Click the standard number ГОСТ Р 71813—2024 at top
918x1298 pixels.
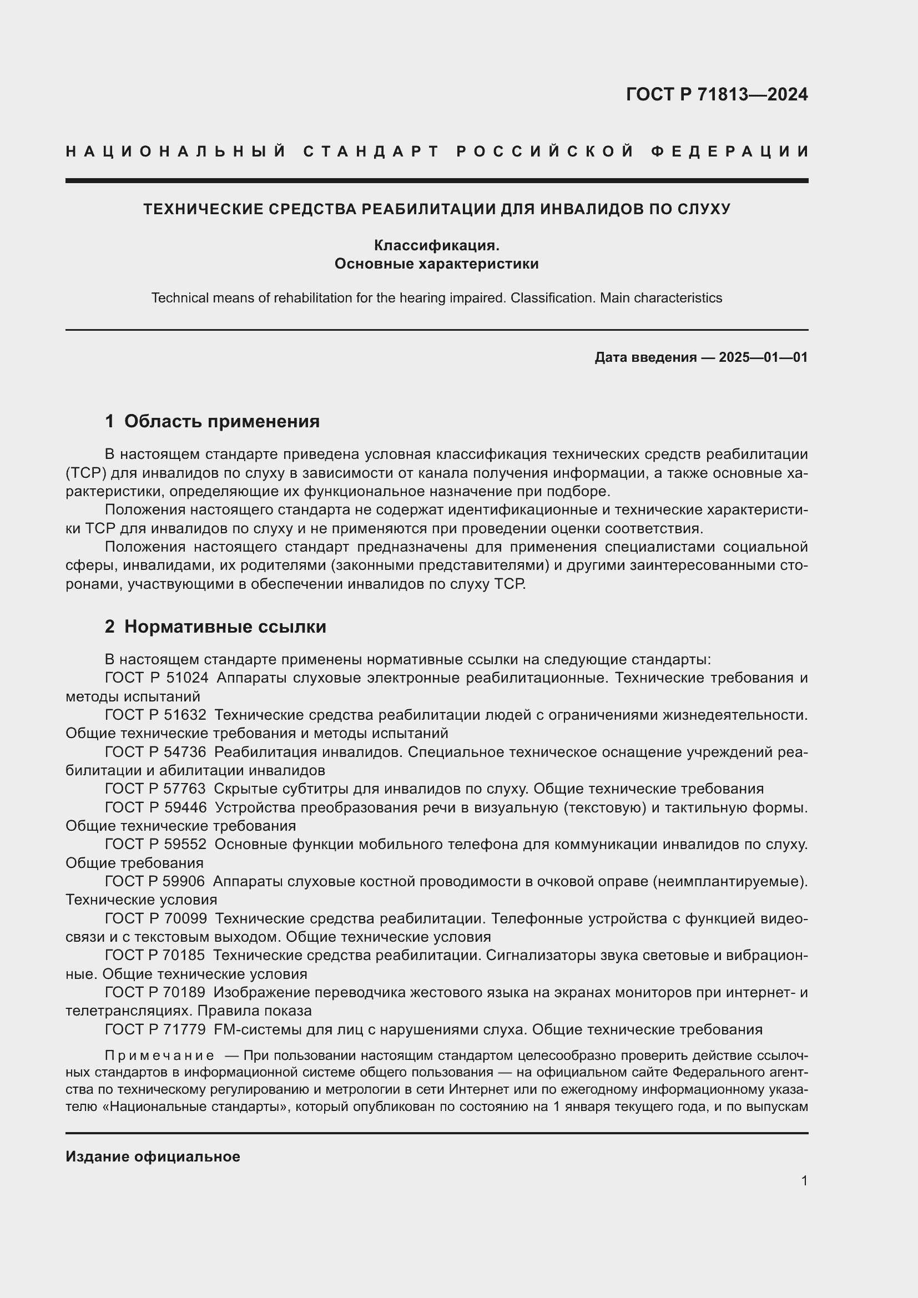(x=716, y=94)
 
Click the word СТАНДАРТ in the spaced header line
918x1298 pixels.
(x=371, y=151)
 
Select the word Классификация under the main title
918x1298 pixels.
(x=436, y=245)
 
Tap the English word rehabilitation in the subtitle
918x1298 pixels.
(x=313, y=298)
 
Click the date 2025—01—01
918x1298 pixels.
(x=763, y=357)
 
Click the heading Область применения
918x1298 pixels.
(x=221, y=421)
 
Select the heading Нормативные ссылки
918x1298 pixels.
(x=225, y=627)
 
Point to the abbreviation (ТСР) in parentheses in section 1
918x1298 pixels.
(x=86, y=473)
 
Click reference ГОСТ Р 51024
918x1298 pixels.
(x=157, y=677)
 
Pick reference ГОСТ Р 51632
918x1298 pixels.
(x=155, y=715)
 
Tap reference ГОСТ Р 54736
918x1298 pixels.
(x=155, y=752)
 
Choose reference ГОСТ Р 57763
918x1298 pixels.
(x=155, y=789)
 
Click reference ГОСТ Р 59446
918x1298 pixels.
(x=155, y=807)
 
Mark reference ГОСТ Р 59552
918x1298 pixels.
(x=155, y=844)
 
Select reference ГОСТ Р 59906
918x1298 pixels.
(x=155, y=881)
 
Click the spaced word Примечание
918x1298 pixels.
(x=159, y=1055)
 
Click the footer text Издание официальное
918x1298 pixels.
(x=153, y=1156)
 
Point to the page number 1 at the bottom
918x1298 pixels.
(x=804, y=1180)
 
